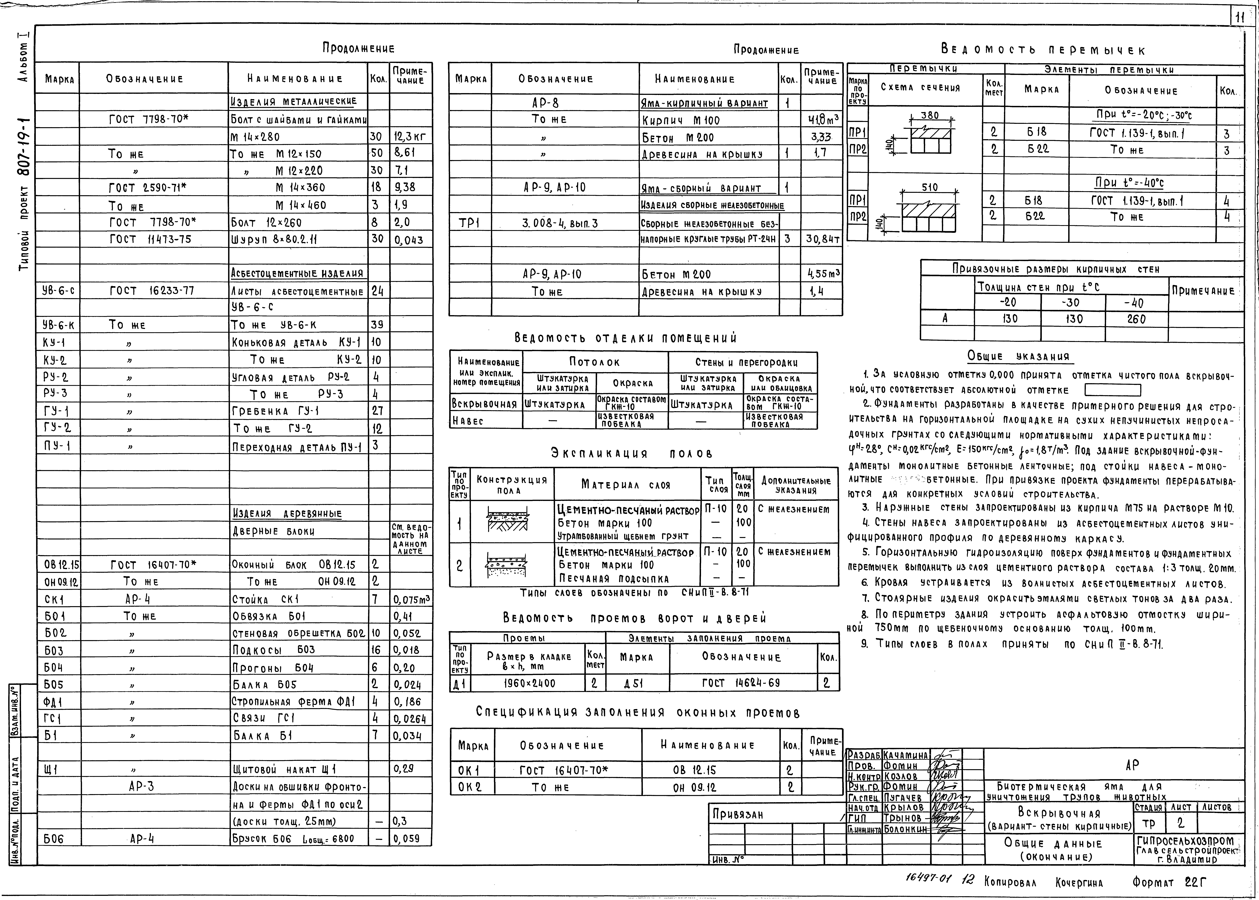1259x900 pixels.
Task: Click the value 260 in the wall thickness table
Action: (1136, 319)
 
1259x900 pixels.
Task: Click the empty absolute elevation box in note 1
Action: (1113, 390)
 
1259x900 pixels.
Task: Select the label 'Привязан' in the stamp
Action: (738, 814)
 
